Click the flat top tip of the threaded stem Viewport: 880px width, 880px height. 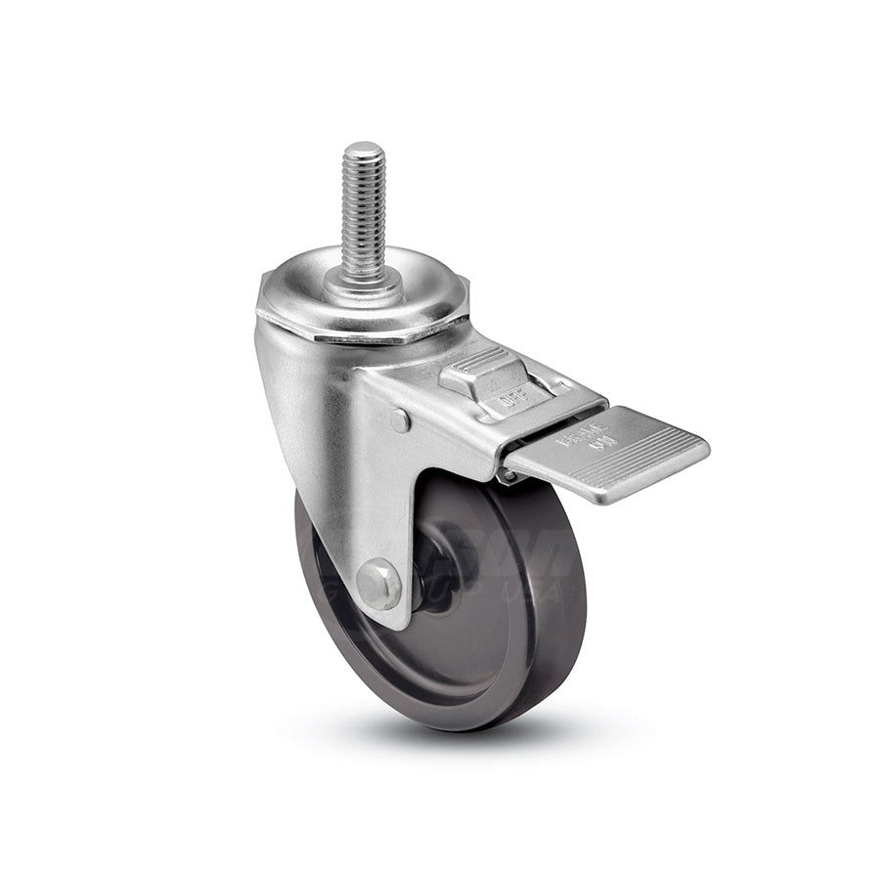[x=364, y=149]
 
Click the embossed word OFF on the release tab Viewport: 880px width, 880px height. [x=506, y=399]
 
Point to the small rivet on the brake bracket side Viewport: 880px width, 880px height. [x=399, y=420]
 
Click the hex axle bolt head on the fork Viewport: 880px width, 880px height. [x=378, y=585]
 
